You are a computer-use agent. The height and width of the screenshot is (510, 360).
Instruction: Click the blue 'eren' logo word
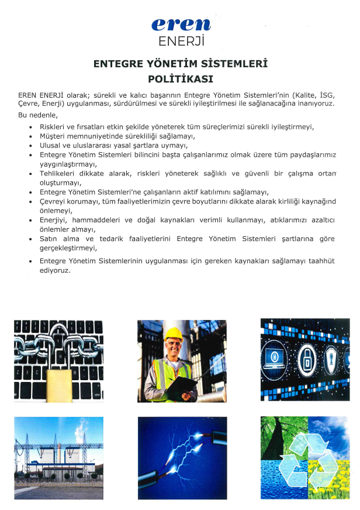(181, 25)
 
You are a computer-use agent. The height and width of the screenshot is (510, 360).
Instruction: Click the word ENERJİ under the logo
(181, 41)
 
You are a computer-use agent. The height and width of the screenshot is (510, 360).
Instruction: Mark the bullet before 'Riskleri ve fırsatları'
(30, 127)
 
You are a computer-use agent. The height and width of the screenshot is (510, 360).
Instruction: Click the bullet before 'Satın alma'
(30, 239)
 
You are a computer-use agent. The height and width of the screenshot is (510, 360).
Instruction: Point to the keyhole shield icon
(331, 356)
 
